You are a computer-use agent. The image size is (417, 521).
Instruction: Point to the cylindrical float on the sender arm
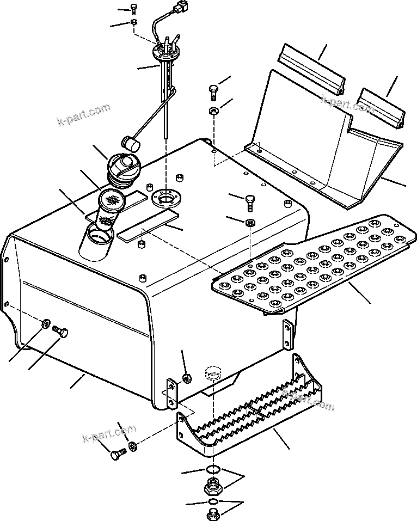click(x=131, y=143)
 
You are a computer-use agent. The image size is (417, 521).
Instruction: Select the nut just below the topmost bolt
click(x=134, y=22)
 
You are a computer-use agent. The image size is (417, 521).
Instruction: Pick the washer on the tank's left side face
click(x=45, y=324)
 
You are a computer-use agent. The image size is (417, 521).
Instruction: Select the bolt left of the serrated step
click(x=117, y=454)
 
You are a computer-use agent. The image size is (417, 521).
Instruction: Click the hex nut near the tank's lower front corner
click(x=186, y=377)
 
